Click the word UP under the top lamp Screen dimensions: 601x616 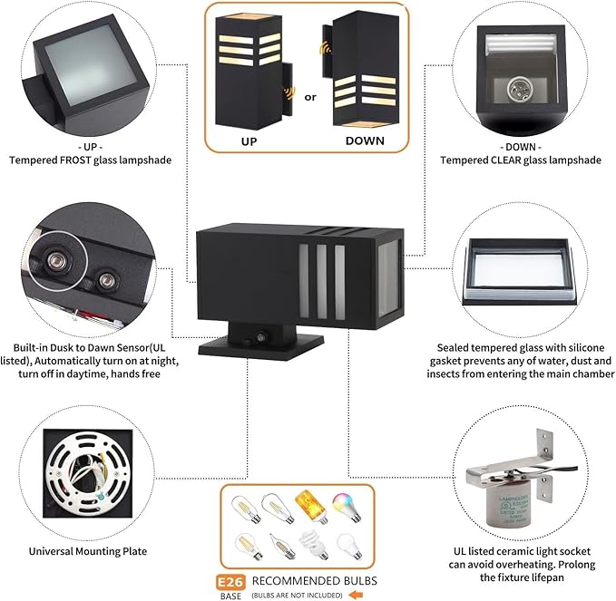pos(249,141)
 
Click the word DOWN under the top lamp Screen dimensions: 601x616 pos(365,141)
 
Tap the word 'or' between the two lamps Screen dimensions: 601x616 pos(310,96)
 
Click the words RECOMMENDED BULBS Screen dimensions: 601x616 pos(314,580)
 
